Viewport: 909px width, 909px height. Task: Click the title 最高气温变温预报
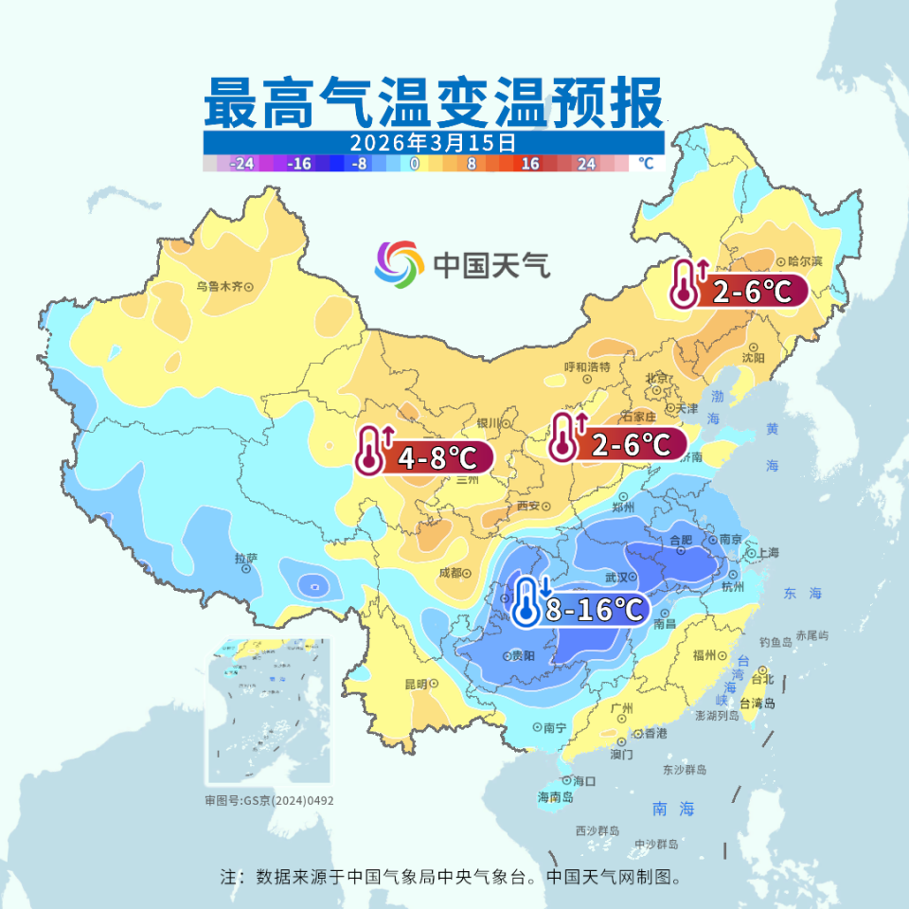tap(433, 103)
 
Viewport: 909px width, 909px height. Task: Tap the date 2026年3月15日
tap(433, 142)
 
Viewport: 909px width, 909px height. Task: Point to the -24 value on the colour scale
tap(242, 163)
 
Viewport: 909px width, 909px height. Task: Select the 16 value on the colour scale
tap(530, 163)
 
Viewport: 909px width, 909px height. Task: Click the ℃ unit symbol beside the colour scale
tap(646, 163)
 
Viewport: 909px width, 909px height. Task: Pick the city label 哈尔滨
tap(805, 260)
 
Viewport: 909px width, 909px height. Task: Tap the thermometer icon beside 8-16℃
tap(526, 602)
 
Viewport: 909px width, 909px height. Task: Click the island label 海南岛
tap(556, 797)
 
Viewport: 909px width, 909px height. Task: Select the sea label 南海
tap(674, 809)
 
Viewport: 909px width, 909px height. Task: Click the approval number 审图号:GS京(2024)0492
tap(270, 800)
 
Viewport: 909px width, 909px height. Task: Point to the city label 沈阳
tap(754, 358)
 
